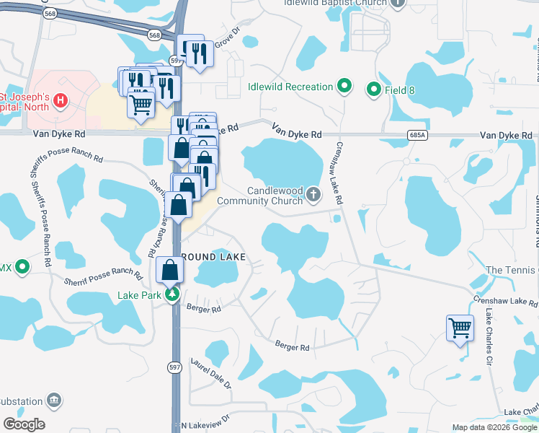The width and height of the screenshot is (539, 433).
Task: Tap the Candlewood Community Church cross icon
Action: coord(313,193)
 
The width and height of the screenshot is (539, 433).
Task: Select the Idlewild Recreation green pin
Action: coord(344,87)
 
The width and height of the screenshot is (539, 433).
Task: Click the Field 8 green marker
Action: coord(373,90)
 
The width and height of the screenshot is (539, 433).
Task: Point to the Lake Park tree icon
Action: coord(172,295)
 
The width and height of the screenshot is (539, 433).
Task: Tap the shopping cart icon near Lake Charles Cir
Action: coord(460,328)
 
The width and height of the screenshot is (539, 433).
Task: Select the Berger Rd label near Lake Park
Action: coord(203,309)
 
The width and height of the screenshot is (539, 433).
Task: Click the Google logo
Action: coord(24,424)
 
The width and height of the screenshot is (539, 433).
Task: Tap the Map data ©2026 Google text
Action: coord(494,427)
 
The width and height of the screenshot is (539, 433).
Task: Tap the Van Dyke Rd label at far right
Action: coord(507,135)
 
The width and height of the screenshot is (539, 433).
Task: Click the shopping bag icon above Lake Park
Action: coord(171,271)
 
